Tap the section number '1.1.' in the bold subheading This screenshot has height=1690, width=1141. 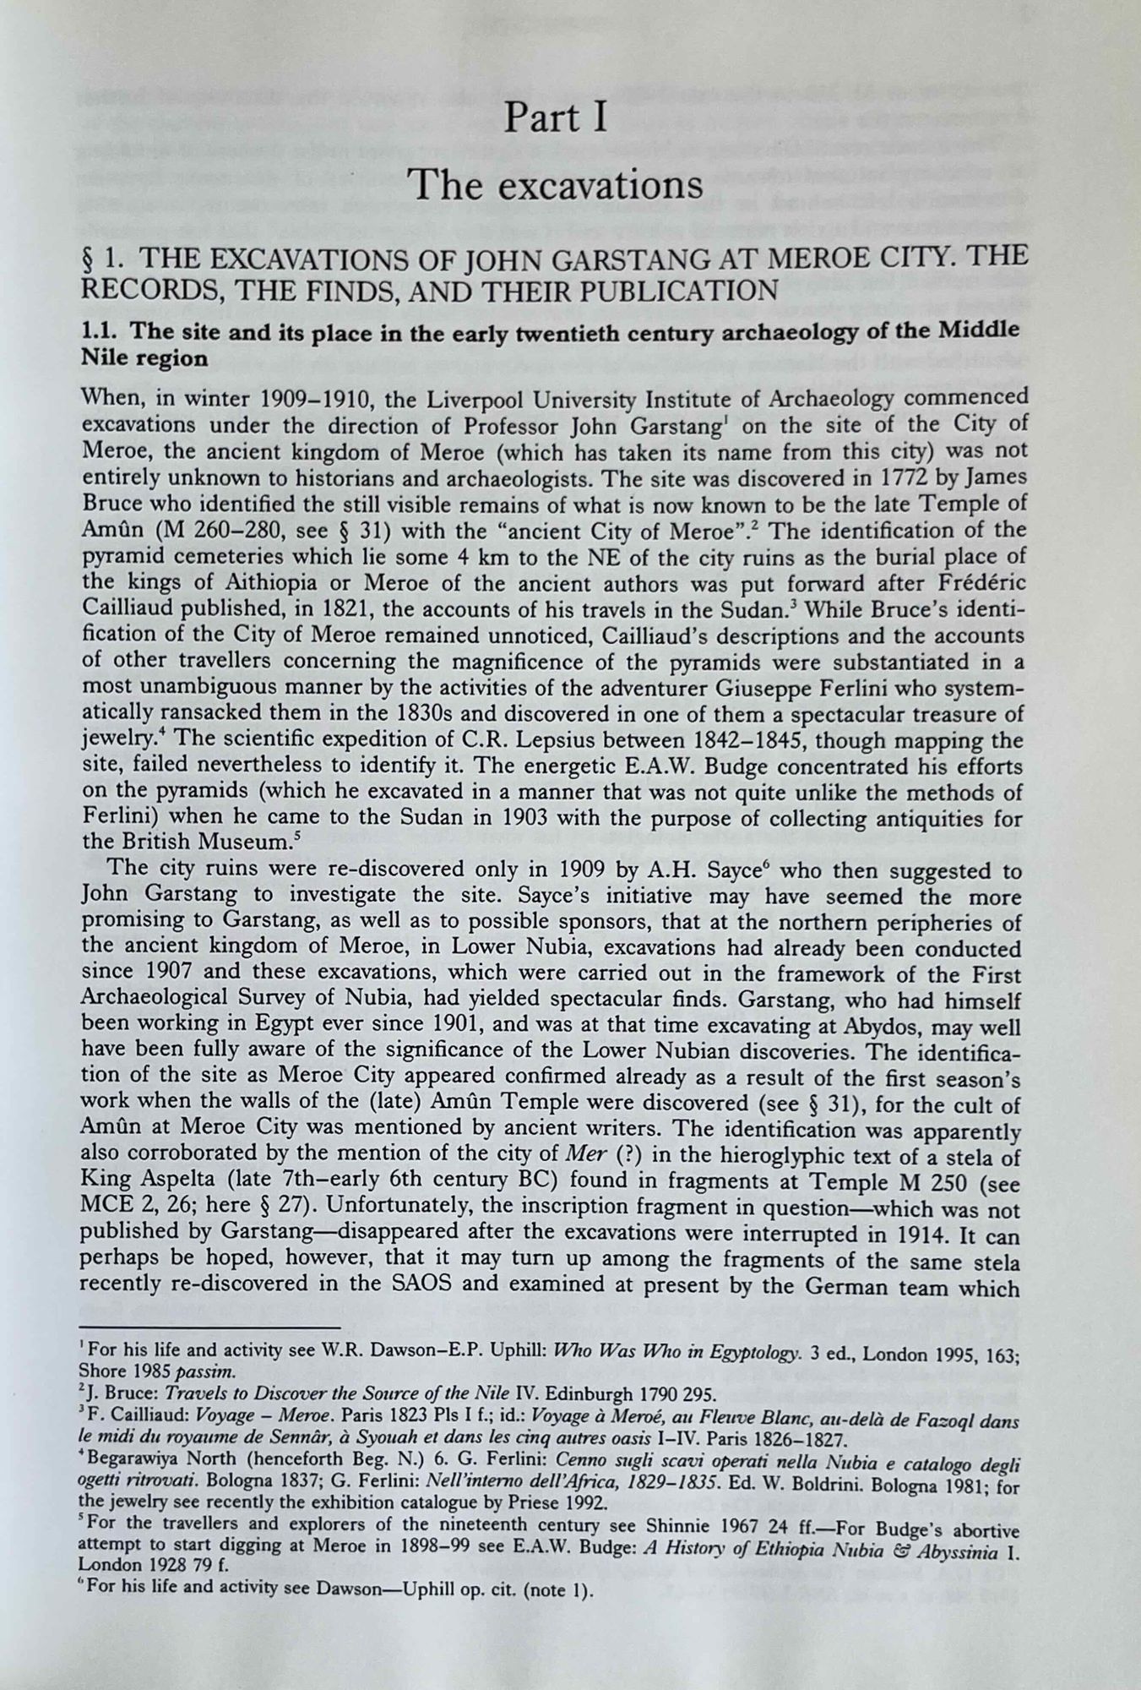click(x=101, y=334)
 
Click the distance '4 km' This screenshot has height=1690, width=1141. click(x=455, y=557)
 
